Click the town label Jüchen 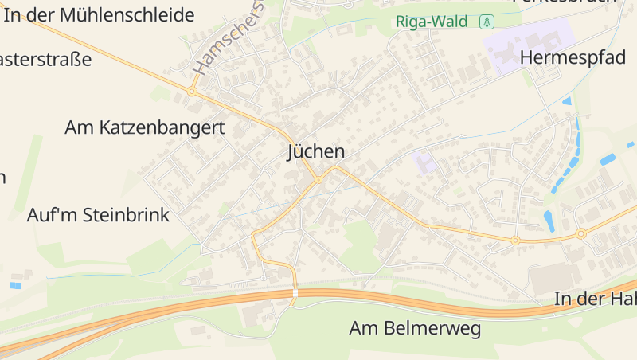[316, 152]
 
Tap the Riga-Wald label [432, 22]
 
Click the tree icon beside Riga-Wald [487, 22]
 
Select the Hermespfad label [573, 57]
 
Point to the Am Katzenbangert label [145, 127]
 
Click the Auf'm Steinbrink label [98, 215]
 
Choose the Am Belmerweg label [416, 328]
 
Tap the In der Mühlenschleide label [99, 15]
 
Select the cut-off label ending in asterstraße [45, 60]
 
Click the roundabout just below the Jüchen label [318, 180]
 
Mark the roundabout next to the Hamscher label [192, 92]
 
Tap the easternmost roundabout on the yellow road [580, 233]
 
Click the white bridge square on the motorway [295, 294]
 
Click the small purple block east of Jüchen [424, 162]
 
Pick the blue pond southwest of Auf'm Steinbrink [16, 285]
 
